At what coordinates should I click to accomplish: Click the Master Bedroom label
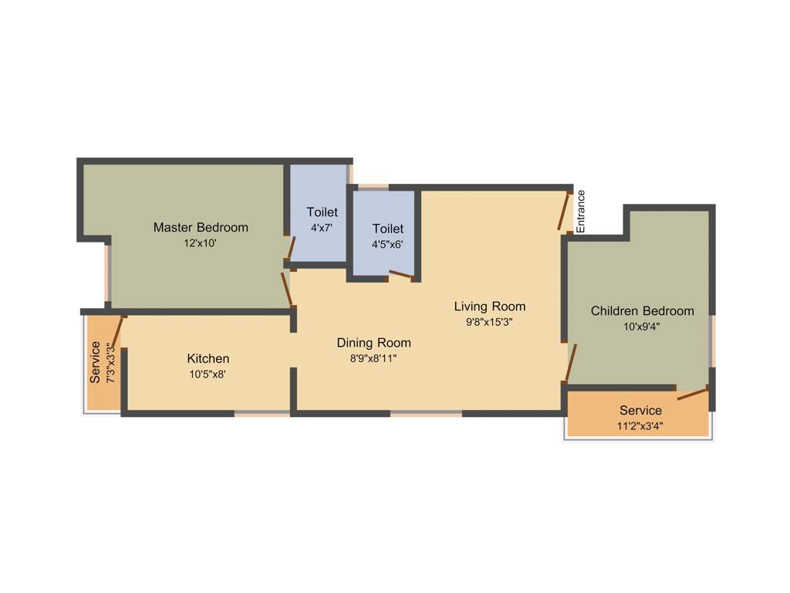pos(201,227)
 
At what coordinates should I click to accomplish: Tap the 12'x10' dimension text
pos(201,242)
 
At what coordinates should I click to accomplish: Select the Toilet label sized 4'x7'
pos(322,212)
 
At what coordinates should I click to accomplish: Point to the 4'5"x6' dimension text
pos(387,244)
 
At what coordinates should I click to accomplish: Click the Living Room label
pos(489,307)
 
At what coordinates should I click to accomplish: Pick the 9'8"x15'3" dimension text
pos(489,322)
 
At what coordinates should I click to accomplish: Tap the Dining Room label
pos(373,342)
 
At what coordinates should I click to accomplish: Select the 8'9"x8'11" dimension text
pos(373,357)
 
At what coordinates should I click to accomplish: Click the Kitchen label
pos(208,358)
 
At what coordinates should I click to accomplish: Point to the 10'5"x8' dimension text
pos(208,374)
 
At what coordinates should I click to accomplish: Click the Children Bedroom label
pos(642,310)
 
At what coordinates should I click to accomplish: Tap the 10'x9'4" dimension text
pos(642,326)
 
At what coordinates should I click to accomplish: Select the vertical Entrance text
pos(581,211)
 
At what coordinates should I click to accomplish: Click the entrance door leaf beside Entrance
pos(565,210)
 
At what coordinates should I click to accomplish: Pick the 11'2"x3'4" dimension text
pos(640,425)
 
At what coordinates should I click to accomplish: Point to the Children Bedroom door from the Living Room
pos(570,364)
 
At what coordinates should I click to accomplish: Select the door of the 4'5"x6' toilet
pos(400,274)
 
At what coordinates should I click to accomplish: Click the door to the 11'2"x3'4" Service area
pos(692,394)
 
